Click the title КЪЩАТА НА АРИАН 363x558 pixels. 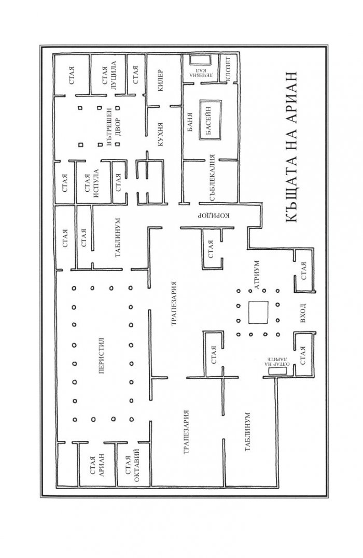pos(291,148)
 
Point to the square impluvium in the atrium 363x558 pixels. pos(258,312)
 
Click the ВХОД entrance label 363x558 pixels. pos(303,313)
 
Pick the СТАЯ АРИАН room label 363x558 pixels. pos(97,465)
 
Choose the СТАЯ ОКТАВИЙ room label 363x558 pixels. pos(132,466)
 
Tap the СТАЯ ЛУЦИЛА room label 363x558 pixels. pos(109,75)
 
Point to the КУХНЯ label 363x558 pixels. pos(160,135)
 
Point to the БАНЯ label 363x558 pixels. pos(190,122)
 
